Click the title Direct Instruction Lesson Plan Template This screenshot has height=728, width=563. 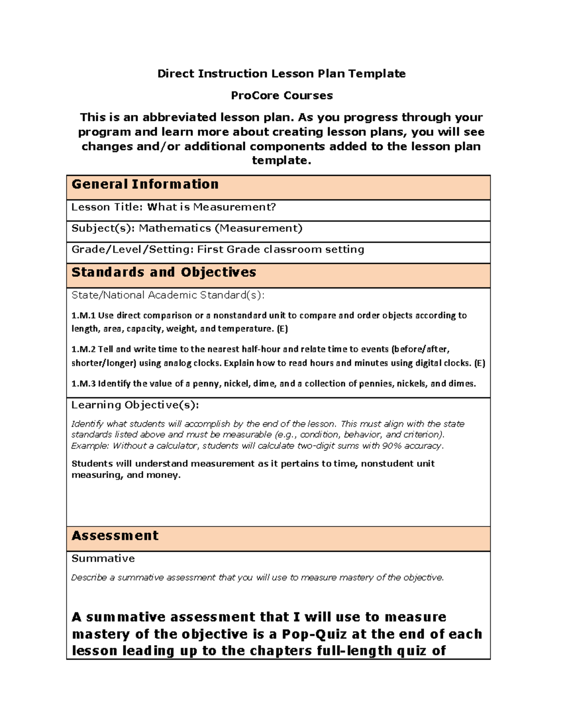pos(281,74)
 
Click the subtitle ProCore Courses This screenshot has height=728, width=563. pos(281,96)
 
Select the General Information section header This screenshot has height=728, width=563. pos(145,184)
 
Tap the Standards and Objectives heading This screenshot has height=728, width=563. pos(164,272)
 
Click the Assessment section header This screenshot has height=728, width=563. pos(115,536)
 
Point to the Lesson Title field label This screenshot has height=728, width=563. pos(107,207)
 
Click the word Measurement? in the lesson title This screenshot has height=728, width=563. pos(235,207)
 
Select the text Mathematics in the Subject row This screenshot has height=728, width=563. pos(175,228)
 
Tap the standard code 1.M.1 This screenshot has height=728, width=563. pos(83,315)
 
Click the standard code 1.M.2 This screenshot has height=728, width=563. pos(83,349)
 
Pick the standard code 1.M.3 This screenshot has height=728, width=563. pos(83,383)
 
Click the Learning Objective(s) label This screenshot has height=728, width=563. pos(135,405)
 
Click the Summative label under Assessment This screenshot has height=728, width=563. pos(103,559)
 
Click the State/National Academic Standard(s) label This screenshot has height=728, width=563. pos(168,295)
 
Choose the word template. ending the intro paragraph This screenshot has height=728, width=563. pos(281,161)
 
